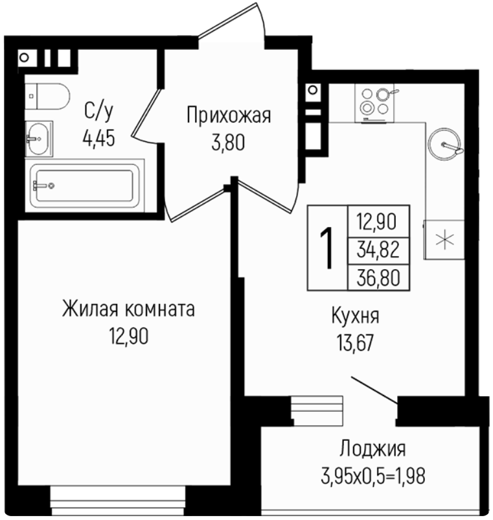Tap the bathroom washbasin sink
click(39, 139)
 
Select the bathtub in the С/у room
click(85, 185)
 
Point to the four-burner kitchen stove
click(375, 103)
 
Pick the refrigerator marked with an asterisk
click(444, 239)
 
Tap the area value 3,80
click(228, 143)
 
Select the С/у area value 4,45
click(98, 138)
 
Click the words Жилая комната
click(128, 309)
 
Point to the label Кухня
click(355, 316)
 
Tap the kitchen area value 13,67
click(355, 342)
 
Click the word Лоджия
click(373, 449)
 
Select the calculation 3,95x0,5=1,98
click(373, 476)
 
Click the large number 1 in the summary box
click(328, 248)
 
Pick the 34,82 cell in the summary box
click(378, 250)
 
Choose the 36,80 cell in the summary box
click(378, 278)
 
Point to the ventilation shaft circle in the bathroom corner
click(24, 58)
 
